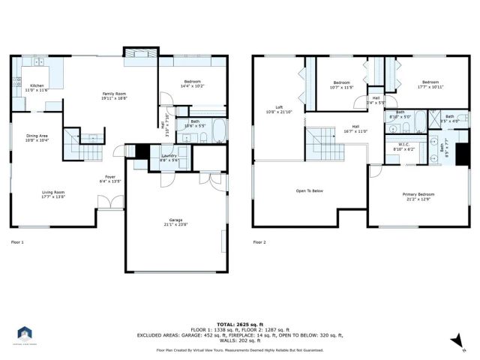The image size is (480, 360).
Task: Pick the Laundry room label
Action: coord(169,157)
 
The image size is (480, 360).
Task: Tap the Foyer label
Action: coord(110,179)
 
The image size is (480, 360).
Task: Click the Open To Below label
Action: coord(308,190)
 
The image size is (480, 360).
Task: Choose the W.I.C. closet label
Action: coord(403,147)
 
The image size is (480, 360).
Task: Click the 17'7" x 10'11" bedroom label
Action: coord(430,85)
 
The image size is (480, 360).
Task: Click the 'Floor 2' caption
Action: coord(259,242)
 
